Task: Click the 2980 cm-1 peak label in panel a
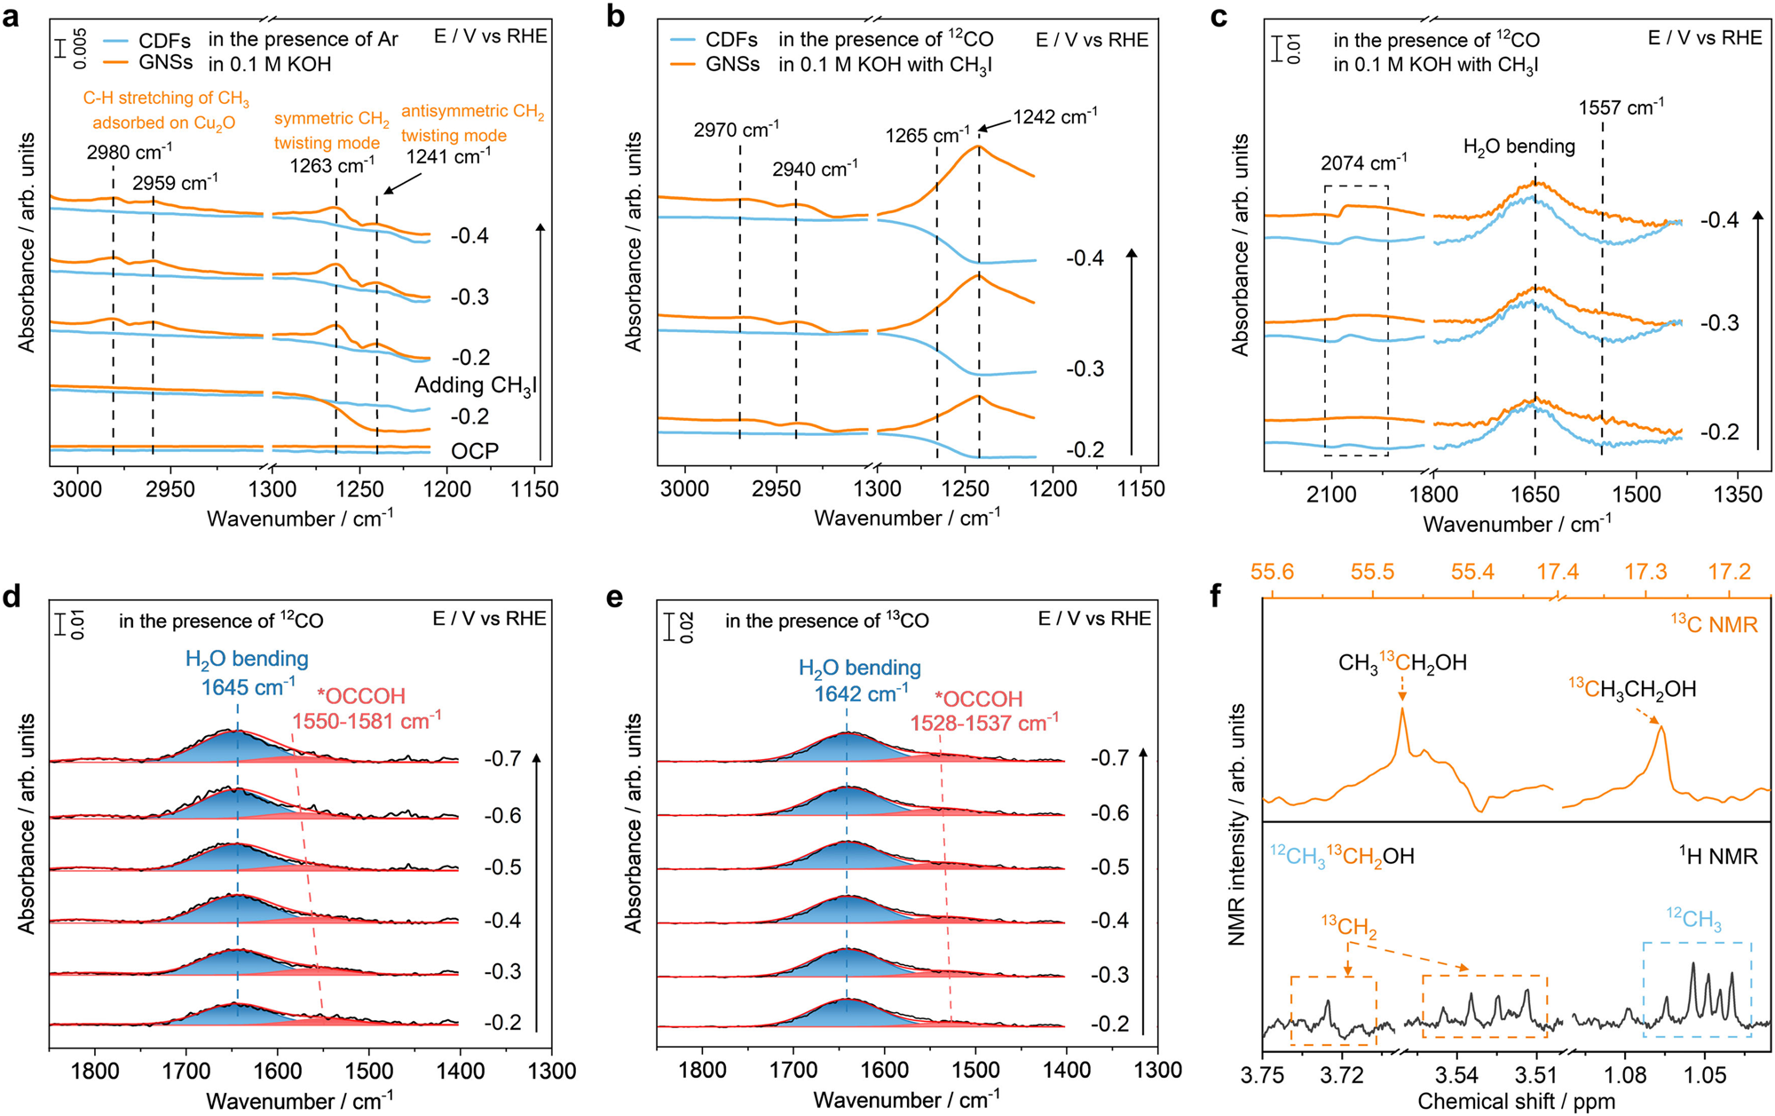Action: (130, 152)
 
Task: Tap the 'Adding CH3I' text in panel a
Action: (476, 385)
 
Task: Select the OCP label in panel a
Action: (475, 451)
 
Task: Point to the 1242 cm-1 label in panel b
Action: (1055, 116)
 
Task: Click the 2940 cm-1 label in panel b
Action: (815, 169)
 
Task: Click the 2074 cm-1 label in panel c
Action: (1363, 163)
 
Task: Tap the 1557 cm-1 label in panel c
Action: (1621, 107)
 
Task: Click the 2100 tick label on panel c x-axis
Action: (1331, 495)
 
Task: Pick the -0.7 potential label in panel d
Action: (502, 759)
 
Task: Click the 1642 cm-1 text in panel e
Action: (861, 693)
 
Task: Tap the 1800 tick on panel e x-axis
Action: (701, 1070)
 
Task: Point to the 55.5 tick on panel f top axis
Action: (1372, 572)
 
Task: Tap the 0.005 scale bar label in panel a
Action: (81, 48)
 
